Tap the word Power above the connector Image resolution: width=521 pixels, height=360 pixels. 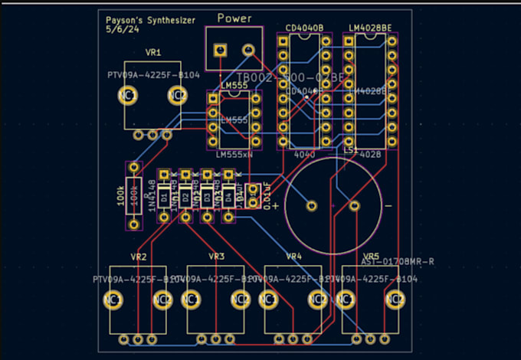(234, 18)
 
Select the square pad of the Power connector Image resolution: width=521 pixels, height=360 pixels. (221, 50)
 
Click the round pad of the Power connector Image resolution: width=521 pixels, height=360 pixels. (247, 50)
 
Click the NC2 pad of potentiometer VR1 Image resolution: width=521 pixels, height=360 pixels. (177, 95)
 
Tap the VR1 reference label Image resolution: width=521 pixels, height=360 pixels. (152, 53)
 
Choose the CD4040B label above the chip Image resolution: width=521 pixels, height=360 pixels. (304, 28)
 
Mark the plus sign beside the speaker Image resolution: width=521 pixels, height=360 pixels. (276, 205)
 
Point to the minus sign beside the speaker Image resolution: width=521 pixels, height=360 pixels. (388, 206)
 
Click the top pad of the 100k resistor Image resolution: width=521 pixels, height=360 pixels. (134, 167)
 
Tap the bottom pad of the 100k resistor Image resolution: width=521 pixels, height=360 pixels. (134, 224)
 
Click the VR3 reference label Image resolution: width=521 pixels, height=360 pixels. (216, 256)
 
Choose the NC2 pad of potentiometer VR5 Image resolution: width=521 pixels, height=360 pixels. (395, 299)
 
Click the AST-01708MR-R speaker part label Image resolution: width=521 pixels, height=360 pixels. (398, 262)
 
